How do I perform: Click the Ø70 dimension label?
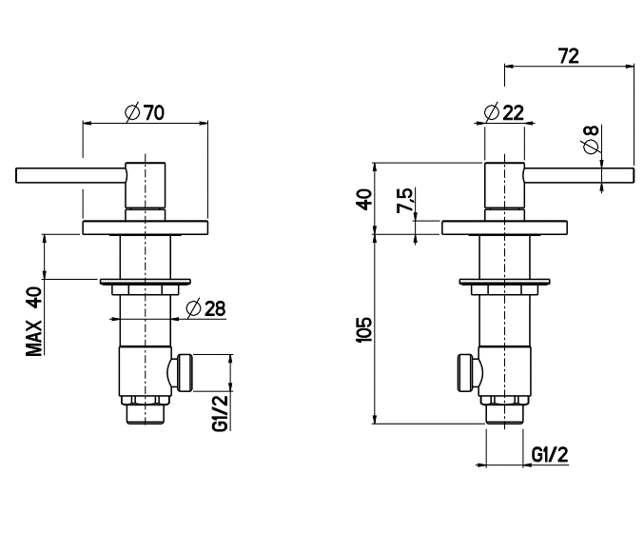point(145,111)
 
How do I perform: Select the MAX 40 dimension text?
point(35,321)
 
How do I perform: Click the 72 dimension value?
point(569,56)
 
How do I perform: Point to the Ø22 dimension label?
point(504,111)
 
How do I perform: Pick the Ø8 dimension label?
point(591,142)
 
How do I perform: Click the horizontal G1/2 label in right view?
point(549,454)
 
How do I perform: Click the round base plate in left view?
point(145,228)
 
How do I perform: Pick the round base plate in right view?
point(504,228)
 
